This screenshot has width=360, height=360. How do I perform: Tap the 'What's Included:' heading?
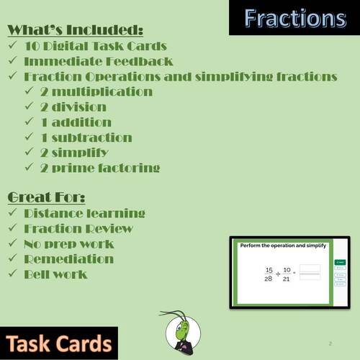[76, 30]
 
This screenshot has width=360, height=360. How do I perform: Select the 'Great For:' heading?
[49, 197]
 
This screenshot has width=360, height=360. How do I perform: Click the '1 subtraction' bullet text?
[94, 137]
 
